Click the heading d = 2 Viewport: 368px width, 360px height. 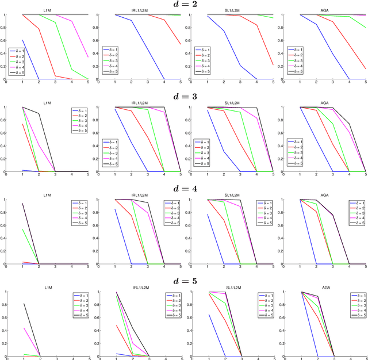pos(184,5)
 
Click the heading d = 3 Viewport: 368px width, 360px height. pos(184,97)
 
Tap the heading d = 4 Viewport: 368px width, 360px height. pos(184,189)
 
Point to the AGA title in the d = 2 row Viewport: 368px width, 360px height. pos(325,12)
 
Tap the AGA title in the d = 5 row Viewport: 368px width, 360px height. pos(325,288)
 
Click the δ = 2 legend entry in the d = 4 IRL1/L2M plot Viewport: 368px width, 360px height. pos(174,207)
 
